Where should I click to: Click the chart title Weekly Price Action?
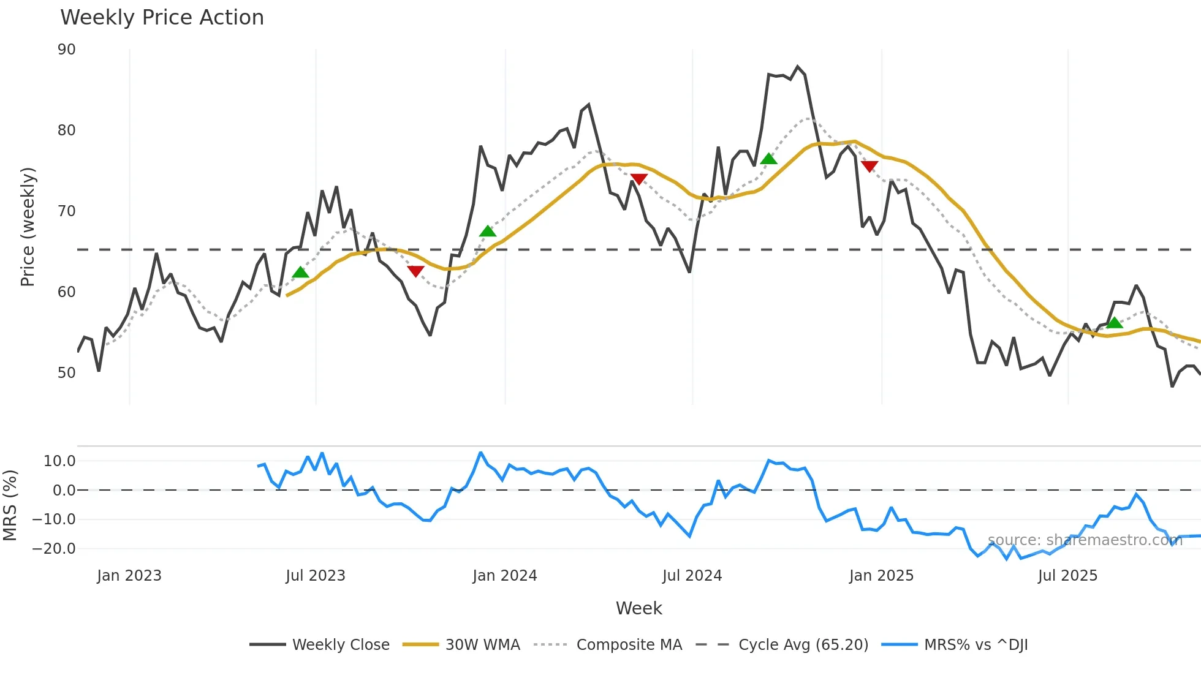(162, 18)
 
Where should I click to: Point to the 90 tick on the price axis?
(67, 50)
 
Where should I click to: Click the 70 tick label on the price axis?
(67, 211)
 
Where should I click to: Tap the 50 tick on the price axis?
(67, 373)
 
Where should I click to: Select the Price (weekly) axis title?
(28, 227)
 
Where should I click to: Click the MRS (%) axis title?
(10, 505)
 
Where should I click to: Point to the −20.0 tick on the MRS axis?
(54, 549)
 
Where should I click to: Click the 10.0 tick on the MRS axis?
(59, 461)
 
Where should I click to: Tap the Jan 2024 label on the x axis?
(505, 576)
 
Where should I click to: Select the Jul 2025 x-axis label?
(1067, 576)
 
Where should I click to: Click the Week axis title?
(638, 608)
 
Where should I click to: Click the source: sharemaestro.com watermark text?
(1085, 540)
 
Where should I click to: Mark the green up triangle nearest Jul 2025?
(1115, 323)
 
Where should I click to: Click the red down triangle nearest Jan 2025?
(869, 166)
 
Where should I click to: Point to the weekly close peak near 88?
(797, 67)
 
